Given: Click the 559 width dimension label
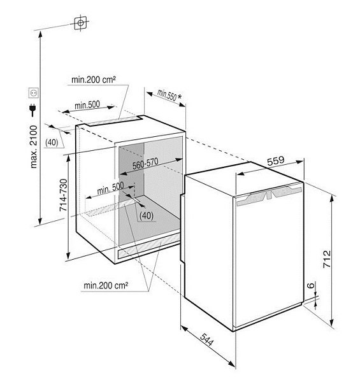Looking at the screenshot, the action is click(276, 161).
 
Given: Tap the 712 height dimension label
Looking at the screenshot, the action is click(327, 259).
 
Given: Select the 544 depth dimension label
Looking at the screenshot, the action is click(206, 339).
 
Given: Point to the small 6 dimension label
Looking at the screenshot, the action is click(310, 285).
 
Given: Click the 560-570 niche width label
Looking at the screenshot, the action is click(145, 164).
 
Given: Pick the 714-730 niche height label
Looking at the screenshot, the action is click(63, 195).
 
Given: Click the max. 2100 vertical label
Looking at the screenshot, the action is click(34, 146).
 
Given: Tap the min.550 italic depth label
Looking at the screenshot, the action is click(167, 95).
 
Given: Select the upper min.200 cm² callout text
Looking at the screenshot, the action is click(94, 80).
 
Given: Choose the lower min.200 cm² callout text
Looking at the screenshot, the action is click(106, 285).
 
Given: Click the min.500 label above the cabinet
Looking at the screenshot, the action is click(87, 105).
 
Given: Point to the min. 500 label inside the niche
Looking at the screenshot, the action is click(110, 188).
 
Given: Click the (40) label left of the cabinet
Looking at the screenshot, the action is click(52, 143).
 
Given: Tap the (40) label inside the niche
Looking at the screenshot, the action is click(147, 215).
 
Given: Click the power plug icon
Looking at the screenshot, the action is click(32, 110).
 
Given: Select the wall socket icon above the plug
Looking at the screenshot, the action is click(33, 93).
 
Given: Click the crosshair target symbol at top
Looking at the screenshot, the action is click(80, 23).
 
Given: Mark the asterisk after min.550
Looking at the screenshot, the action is click(180, 97).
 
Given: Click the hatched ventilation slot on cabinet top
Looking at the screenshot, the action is click(114, 120).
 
